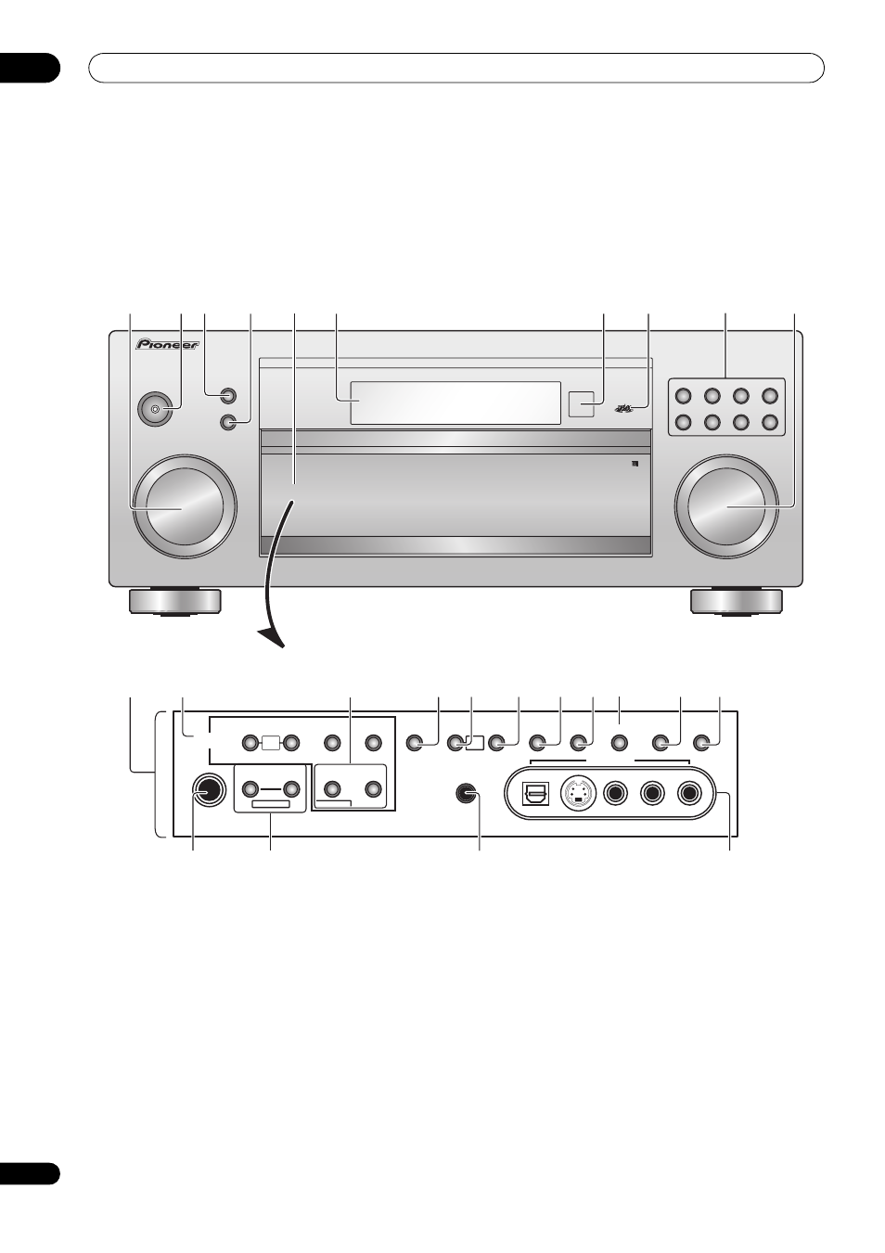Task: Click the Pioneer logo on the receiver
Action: point(167,344)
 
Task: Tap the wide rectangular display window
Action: point(455,403)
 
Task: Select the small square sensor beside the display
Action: point(581,403)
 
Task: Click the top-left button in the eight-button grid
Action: point(683,395)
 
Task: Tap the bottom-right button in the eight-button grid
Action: point(770,421)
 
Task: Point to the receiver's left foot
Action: point(174,602)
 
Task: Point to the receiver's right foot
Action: point(737,602)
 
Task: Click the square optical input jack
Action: point(535,793)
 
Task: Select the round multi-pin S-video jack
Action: point(577,793)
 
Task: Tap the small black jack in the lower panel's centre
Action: point(468,793)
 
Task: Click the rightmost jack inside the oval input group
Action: point(690,793)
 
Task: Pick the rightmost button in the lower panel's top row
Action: point(701,744)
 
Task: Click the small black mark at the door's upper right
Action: point(635,463)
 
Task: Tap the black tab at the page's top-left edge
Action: point(30,68)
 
